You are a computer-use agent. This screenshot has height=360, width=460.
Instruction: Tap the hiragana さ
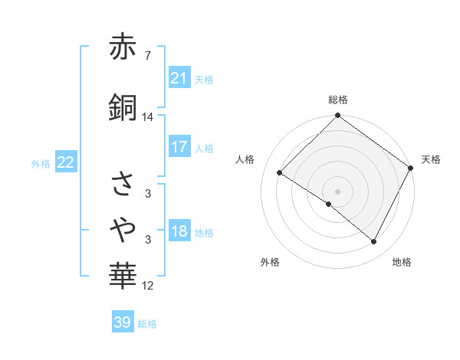(x=123, y=184)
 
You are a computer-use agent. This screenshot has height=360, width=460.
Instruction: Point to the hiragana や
(x=123, y=227)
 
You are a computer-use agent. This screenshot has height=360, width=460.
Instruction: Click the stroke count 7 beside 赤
(x=147, y=55)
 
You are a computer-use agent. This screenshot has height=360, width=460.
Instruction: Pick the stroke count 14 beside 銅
(x=148, y=117)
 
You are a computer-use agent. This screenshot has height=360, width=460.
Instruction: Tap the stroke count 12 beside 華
(x=148, y=286)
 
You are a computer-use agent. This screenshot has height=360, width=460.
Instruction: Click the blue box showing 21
(x=179, y=77)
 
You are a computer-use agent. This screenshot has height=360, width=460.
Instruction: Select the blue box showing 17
(x=179, y=146)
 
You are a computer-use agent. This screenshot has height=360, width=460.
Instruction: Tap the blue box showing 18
(x=179, y=232)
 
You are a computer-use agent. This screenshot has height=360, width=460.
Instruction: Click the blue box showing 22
(x=65, y=162)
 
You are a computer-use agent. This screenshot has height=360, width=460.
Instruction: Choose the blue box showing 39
(x=122, y=322)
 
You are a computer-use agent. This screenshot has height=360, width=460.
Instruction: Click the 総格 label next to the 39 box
(x=147, y=324)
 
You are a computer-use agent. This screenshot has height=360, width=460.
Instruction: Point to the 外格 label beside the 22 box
(x=41, y=163)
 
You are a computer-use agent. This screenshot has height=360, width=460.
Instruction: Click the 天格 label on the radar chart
(x=431, y=159)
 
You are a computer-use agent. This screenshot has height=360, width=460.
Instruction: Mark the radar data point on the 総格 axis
(x=337, y=116)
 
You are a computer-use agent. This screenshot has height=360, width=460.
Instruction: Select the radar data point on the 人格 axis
(x=280, y=173)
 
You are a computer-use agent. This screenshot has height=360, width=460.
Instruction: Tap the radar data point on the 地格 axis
(x=374, y=242)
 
